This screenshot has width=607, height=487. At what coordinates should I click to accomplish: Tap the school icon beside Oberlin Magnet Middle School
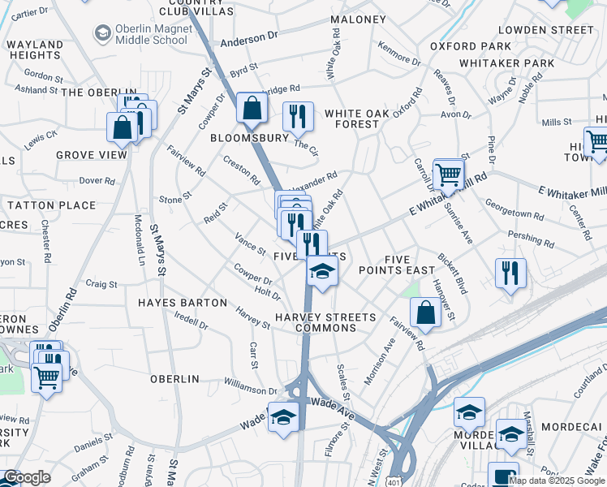pos(103,33)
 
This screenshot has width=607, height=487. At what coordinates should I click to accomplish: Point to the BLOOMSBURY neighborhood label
pos(250,138)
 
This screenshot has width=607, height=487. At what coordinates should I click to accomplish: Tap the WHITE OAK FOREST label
pos(352,119)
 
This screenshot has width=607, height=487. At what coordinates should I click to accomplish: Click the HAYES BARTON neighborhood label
pos(183,302)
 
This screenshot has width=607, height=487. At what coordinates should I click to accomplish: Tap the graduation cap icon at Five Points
pos(322,272)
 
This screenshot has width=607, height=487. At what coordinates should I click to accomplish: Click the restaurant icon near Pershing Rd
pos(510,273)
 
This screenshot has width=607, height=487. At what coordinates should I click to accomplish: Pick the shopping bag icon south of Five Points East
pos(425,312)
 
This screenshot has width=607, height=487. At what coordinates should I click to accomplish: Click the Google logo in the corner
pos(28,477)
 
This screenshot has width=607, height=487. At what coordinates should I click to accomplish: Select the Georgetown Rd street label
pos(514,209)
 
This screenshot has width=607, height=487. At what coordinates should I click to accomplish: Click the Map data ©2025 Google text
pos(557,481)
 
